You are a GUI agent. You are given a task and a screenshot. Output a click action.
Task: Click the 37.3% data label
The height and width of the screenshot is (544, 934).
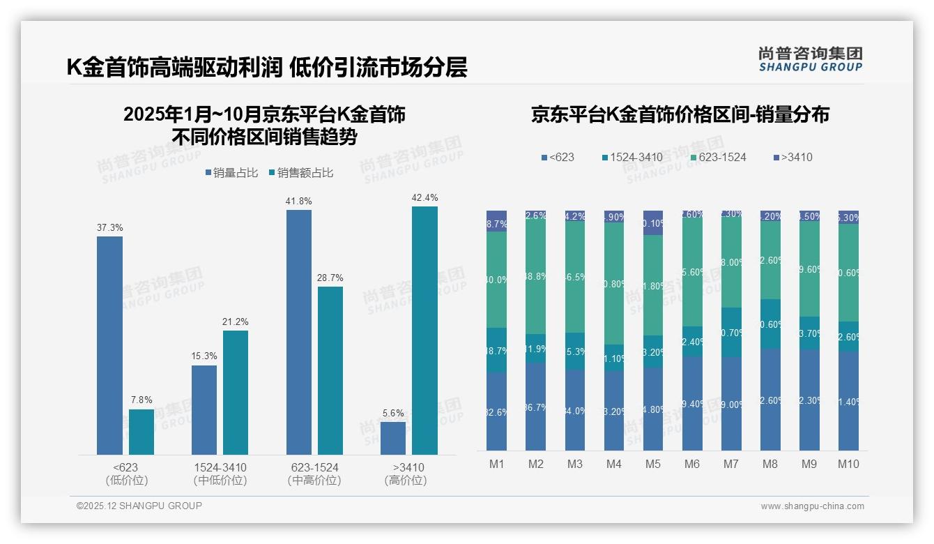(109, 227)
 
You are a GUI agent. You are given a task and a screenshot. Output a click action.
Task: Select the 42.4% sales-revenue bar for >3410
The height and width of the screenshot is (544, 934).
(424, 331)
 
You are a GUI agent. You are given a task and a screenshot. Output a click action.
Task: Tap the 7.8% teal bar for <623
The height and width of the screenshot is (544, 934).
(141, 432)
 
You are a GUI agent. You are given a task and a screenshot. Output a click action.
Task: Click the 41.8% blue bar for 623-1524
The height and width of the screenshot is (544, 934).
(299, 333)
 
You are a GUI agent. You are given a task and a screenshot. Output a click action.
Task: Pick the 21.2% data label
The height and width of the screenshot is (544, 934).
(236, 322)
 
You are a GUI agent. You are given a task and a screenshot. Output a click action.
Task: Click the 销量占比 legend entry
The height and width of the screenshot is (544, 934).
(233, 173)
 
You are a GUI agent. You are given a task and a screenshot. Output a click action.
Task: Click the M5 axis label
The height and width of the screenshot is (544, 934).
(652, 464)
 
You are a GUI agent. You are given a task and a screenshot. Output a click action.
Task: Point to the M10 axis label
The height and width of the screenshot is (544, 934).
(848, 464)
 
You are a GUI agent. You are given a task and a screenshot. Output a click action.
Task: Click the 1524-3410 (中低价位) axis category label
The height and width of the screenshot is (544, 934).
(220, 474)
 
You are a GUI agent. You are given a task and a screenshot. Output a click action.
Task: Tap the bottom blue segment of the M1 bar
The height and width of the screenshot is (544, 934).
(497, 411)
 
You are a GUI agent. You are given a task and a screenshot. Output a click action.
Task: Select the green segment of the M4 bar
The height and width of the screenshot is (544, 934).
(614, 283)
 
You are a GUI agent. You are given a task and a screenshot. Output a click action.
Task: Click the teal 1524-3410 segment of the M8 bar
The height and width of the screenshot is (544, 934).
(770, 324)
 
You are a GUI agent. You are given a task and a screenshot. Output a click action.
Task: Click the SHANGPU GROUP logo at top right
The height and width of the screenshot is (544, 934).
(810, 59)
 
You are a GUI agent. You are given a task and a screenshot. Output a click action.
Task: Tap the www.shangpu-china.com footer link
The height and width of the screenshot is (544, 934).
(812, 506)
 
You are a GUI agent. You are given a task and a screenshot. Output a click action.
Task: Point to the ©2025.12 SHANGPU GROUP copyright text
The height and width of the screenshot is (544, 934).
(139, 506)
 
